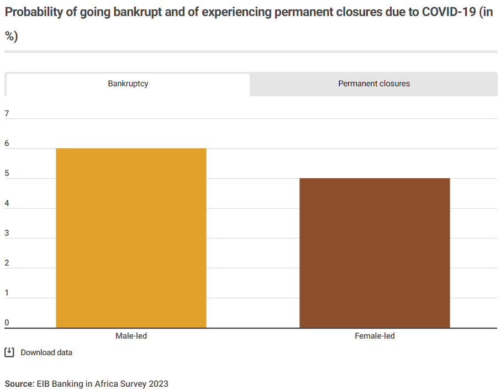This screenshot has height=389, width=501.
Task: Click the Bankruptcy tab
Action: [x=128, y=84]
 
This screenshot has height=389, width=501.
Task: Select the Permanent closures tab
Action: [x=374, y=84]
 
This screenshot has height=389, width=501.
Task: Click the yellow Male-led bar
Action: [x=131, y=238]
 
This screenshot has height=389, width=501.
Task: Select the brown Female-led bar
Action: [x=375, y=253]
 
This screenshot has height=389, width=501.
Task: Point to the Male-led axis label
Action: [x=131, y=336]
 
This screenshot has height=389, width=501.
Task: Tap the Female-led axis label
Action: [x=375, y=336]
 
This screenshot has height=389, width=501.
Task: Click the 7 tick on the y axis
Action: [x=7, y=114]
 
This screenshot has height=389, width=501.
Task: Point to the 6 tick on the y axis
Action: [x=7, y=144]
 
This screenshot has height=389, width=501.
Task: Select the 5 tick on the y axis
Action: [x=7, y=174]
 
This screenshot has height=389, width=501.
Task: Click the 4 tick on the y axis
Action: [x=7, y=204]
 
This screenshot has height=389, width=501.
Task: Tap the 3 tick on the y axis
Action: [x=7, y=234]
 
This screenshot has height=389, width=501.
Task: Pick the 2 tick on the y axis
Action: [x=7, y=263]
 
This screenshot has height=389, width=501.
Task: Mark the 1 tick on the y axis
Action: [x=7, y=293]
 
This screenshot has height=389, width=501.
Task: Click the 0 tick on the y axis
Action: [x=7, y=323]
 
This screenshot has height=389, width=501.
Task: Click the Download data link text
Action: [x=46, y=352]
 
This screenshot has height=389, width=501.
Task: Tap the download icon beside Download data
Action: [x=9, y=352]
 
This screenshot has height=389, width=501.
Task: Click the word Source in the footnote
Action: [x=19, y=383]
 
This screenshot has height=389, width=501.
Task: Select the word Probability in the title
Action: [x=33, y=13]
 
